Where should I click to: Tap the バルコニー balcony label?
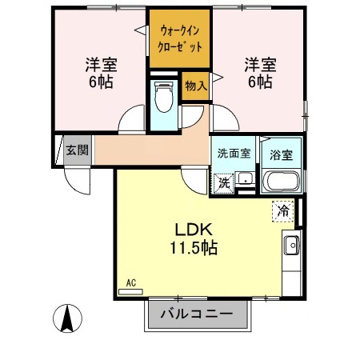click(197, 313)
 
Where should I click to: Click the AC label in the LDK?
click(131, 282)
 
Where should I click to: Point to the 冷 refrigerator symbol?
click(282, 210)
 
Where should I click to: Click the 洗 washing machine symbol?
click(226, 182)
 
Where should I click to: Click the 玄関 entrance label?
click(78, 150)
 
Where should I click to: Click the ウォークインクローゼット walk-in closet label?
click(180, 38)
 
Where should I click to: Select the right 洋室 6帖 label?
click(258, 71)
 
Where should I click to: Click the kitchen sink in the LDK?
click(291, 245)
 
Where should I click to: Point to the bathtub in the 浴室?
click(281, 181)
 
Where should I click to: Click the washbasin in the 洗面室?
click(246, 179)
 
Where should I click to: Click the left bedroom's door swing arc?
click(130, 120)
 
